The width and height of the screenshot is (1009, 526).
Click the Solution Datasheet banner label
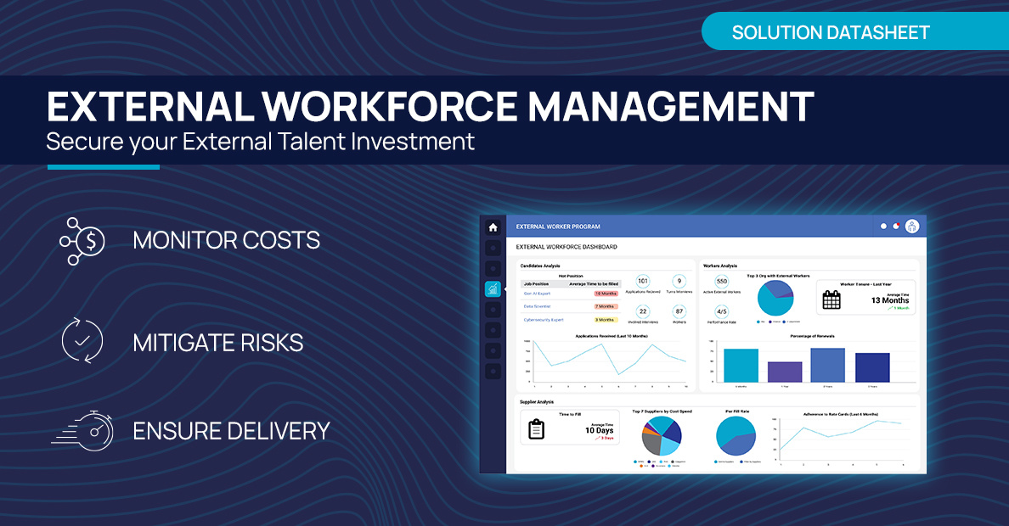(x=831, y=33)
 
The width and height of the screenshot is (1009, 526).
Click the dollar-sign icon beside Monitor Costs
(x=82, y=241)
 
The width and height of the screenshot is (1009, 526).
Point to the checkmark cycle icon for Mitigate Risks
(x=82, y=342)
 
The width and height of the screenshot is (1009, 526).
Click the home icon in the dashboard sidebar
(x=493, y=227)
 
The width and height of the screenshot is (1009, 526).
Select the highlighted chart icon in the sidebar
(x=493, y=289)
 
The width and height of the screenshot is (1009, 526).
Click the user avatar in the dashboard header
(x=912, y=227)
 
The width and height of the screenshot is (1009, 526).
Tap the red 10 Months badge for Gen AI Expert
(x=606, y=293)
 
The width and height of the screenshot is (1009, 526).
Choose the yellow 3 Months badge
(x=606, y=320)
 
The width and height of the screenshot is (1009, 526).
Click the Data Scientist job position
(x=537, y=306)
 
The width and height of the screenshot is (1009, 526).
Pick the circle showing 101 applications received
(x=642, y=281)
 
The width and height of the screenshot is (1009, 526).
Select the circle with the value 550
(x=722, y=281)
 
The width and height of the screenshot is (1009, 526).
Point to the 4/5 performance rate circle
(x=722, y=311)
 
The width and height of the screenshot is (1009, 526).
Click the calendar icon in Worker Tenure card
(x=831, y=299)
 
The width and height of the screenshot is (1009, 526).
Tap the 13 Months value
(x=889, y=300)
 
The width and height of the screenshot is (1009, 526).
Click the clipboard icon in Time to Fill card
(x=536, y=429)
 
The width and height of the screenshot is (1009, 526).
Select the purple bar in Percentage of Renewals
(x=785, y=372)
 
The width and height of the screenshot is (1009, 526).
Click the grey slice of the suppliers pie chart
(x=652, y=443)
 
